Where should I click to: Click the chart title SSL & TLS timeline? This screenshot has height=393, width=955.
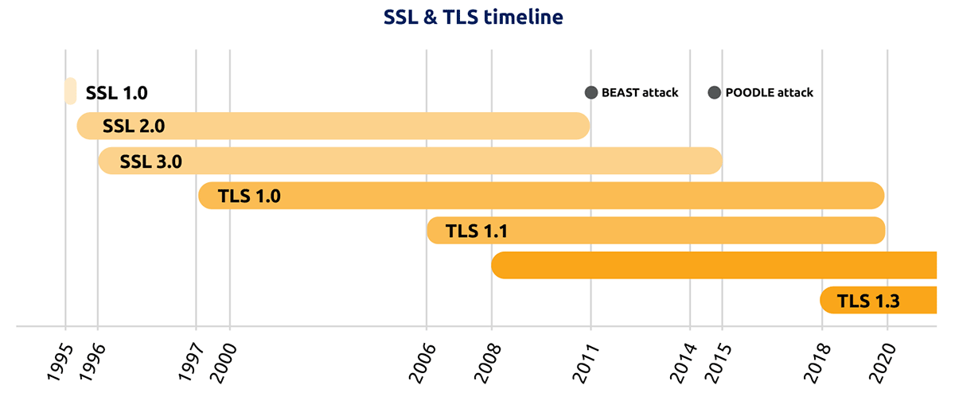[x=474, y=18]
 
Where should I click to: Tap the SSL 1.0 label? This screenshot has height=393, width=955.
[x=116, y=93]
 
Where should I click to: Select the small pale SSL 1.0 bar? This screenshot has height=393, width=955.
[x=70, y=91]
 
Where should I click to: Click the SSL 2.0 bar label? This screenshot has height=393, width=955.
[x=134, y=126]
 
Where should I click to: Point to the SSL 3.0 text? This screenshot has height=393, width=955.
[x=150, y=161]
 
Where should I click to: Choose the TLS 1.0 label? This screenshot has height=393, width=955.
[x=249, y=196]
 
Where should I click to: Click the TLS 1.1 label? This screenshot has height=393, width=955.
[x=477, y=231]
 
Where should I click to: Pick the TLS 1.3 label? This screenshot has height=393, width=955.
[x=868, y=301]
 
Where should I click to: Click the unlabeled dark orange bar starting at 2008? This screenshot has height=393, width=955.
[x=714, y=265]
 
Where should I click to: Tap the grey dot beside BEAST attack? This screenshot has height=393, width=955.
[x=591, y=92]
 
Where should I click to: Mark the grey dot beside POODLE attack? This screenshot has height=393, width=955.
[x=714, y=92]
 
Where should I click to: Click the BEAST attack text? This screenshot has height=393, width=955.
[x=640, y=92]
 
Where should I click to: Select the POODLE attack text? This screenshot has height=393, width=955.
[x=769, y=92]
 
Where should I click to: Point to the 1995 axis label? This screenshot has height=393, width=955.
[x=60, y=362]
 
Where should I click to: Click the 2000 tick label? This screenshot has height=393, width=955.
[x=224, y=362]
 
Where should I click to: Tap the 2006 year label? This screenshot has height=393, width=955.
[x=423, y=362]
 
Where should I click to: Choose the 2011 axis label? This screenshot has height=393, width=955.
[x=586, y=362]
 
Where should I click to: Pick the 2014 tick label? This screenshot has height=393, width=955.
[x=684, y=362]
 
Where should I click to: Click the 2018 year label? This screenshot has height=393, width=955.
[x=817, y=362]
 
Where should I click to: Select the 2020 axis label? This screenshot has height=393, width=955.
[x=883, y=362]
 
